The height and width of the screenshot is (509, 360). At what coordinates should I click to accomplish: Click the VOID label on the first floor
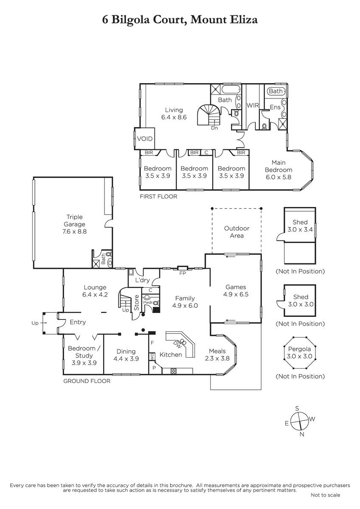tap(145, 139)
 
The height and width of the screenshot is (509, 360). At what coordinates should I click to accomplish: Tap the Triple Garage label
tap(74, 221)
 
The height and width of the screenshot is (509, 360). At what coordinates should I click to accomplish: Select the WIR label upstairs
tap(253, 106)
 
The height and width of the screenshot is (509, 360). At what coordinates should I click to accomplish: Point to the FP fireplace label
tap(183, 273)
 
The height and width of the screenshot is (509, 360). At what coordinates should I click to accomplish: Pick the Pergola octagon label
tap(299, 349)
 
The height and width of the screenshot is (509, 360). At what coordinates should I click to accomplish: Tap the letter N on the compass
tap(302, 434)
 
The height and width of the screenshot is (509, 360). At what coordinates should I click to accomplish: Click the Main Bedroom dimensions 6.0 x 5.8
tap(278, 177)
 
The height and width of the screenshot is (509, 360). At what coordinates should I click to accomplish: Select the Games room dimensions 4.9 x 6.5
tap(236, 294)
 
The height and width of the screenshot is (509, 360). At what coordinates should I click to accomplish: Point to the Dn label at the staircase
tap(214, 128)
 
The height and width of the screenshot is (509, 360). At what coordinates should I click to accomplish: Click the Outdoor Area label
tap(237, 232)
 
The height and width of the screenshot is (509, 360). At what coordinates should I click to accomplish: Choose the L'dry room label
tap(142, 280)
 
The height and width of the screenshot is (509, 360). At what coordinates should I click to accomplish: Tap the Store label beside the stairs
tap(136, 303)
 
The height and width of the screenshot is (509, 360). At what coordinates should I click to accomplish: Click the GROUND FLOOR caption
tap(87, 381)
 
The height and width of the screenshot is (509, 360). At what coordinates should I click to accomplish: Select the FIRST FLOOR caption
tap(158, 196)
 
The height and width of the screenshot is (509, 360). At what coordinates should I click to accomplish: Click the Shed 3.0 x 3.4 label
tap(300, 226)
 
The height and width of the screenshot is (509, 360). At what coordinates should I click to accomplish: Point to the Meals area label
tap(217, 351)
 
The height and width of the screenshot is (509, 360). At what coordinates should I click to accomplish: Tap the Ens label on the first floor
tap(275, 107)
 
